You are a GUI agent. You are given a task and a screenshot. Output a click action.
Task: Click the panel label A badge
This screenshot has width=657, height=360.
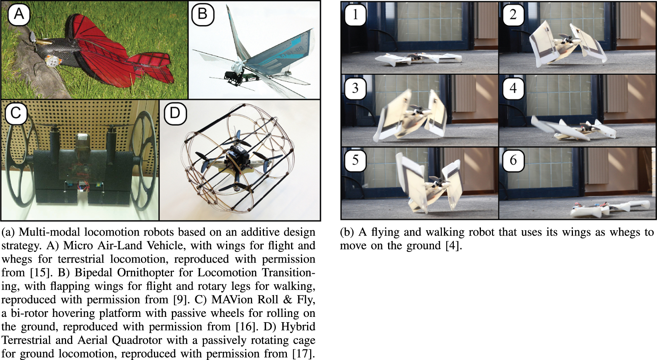(x=19, y=15)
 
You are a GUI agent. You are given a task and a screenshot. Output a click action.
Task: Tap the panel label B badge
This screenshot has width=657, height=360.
(x=202, y=15)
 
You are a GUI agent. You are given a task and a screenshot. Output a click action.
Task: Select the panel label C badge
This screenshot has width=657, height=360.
(x=16, y=113)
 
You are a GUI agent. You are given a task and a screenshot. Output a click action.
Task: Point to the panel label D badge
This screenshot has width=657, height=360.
(x=175, y=113)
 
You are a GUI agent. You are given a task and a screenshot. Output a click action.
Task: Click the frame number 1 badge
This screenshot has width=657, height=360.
(x=355, y=15)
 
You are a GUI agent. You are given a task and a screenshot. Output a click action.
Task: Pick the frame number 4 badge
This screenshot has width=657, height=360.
(x=513, y=88)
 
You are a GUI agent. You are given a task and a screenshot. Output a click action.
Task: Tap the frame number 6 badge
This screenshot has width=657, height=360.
(x=513, y=160)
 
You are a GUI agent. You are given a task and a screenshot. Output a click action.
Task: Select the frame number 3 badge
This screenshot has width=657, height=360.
(x=355, y=88)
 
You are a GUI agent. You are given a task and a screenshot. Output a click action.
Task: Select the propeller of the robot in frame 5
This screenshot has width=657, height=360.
(x=436, y=179)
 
